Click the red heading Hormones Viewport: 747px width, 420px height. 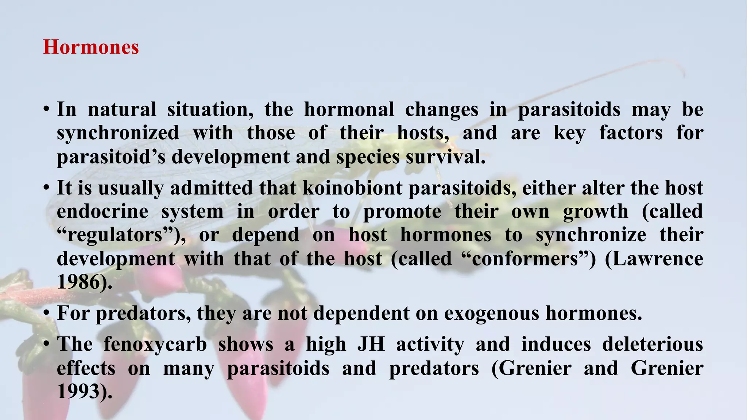91,47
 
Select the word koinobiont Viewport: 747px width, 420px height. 353,188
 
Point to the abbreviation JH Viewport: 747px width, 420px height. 371,345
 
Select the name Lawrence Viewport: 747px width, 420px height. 654,259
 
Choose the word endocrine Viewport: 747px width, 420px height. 102,212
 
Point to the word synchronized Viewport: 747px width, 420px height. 118,133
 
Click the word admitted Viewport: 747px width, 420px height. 211,188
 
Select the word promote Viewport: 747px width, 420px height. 402,212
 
